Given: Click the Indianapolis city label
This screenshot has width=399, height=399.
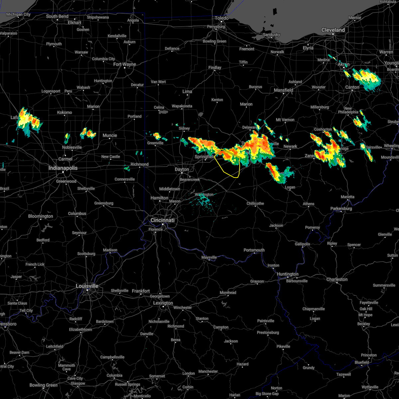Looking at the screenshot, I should coord(63,168).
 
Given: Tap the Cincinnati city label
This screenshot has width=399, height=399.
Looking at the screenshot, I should coord(163,220).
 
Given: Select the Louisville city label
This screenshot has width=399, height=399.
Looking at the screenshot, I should coord(87,286).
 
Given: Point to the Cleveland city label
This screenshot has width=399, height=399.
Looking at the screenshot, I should coord(333,30).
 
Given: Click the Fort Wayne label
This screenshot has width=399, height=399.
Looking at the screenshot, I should coord(125,64).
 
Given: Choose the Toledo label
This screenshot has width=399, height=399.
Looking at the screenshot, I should coord(222,18).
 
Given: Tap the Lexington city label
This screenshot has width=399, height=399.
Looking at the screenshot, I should coord(163,303).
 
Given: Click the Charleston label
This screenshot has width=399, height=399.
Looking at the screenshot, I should coord(337,279).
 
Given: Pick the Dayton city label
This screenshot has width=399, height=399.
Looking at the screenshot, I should coord(182,169).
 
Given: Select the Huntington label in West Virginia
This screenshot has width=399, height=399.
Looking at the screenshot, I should coord(288,274).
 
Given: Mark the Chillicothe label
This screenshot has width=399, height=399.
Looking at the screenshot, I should coord(255,203).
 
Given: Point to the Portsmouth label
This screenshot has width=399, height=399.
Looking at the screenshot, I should coord(254,250).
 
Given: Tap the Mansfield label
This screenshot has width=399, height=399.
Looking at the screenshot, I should coord(284,90).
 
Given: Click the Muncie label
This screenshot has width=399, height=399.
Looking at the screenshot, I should coord(110,135).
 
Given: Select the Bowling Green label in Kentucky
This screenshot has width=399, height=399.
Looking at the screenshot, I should coord(44,385).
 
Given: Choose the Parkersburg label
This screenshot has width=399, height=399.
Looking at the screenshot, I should coord(341,208).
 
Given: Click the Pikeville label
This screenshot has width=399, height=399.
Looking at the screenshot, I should coord(283,346).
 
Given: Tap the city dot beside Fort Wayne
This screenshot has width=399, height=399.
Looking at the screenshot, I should coord(125,68).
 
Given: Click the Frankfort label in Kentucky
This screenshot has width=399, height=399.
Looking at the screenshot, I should coord(141,291).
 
